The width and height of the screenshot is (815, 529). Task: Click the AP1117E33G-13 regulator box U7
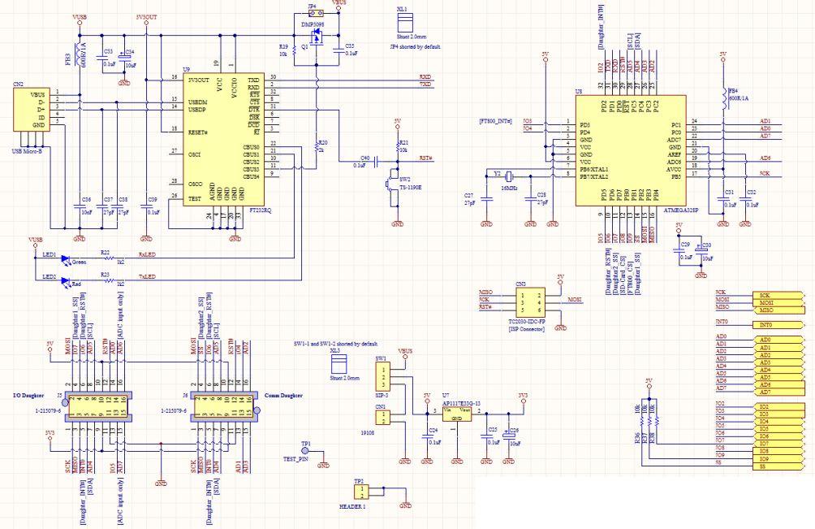tap(457, 413)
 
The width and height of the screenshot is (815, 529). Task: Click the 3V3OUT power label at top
tap(145, 16)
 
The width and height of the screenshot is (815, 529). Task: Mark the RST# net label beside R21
tap(425, 158)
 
